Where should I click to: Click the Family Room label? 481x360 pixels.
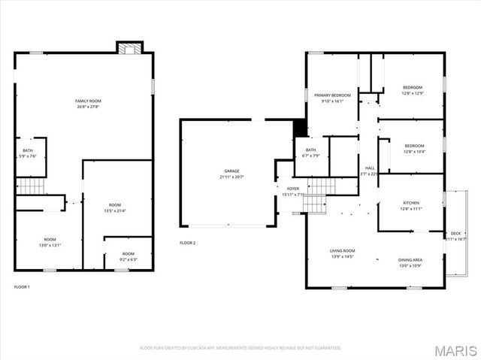pyautogui.click(x=88, y=101)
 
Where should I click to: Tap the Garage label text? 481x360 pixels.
pyautogui.click(x=231, y=171)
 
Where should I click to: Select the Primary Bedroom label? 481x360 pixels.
pyautogui.click(x=332, y=95)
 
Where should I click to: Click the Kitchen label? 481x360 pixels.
pyautogui.click(x=410, y=203)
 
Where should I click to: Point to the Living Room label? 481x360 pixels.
pyautogui.click(x=342, y=251)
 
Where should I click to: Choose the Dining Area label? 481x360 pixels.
pyautogui.click(x=410, y=260)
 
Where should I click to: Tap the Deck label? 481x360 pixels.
pyautogui.click(x=455, y=234)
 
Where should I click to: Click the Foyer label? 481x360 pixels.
pyautogui.click(x=292, y=189)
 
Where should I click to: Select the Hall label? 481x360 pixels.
pyautogui.click(x=370, y=168)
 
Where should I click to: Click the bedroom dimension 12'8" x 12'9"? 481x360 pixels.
pyautogui.click(x=413, y=93)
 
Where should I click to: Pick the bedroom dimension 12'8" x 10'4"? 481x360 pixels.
pyautogui.click(x=414, y=152)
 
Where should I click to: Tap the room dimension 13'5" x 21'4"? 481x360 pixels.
pyautogui.click(x=114, y=210)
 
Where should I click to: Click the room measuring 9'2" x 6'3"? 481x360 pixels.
pyautogui.click(x=129, y=260)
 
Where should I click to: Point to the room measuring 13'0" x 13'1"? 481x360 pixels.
pyautogui.click(x=50, y=245)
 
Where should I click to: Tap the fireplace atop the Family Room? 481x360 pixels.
pyautogui.click(x=129, y=47)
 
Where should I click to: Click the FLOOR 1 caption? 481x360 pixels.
pyautogui.click(x=23, y=287)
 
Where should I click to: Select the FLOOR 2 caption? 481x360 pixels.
pyautogui.click(x=187, y=243)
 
